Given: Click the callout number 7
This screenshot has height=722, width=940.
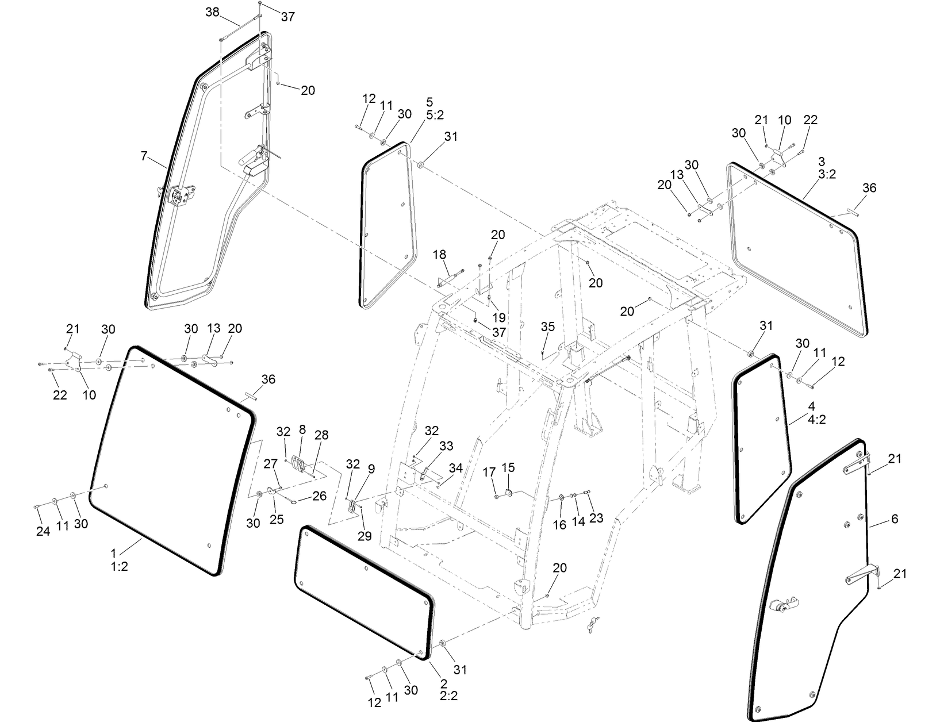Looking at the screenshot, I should click(144, 156).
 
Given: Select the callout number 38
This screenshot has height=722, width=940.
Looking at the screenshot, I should click(212, 12).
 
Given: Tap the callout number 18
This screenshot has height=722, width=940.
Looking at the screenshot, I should click(439, 254).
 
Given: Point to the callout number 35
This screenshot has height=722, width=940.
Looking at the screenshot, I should click(547, 327).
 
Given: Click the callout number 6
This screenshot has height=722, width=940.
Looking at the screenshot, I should click(894, 519).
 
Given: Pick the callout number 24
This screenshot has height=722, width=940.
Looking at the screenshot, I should click(43, 532).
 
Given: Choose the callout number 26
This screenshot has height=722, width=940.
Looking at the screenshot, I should click(319, 495).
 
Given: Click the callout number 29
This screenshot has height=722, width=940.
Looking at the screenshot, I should click(365, 536).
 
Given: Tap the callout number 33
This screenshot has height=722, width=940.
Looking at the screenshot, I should click(446, 446).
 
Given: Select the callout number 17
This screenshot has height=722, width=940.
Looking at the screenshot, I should click(489, 472).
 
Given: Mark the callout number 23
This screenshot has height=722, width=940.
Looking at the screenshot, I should click(596, 518).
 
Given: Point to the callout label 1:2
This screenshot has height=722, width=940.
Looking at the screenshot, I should click(119, 566).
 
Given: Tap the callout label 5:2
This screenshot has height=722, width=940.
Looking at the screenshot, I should click(435, 114).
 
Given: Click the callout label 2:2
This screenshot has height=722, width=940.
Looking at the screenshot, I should click(448, 696).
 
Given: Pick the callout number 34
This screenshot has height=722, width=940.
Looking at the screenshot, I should click(455, 468).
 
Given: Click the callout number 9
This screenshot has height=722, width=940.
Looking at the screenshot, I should click(371, 468).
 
